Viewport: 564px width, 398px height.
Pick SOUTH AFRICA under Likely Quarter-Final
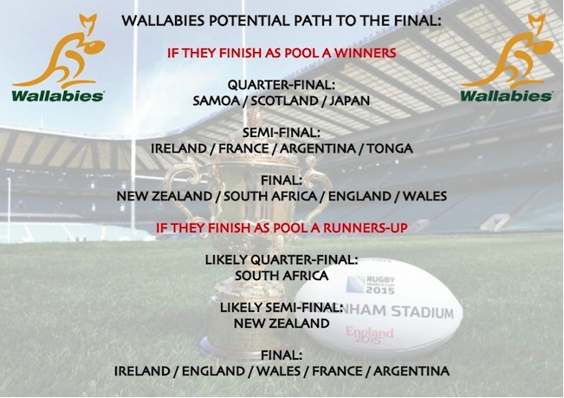click(x=282, y=276)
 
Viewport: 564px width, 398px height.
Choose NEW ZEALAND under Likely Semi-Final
click(x=282, y=323)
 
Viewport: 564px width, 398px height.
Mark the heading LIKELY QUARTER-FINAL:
click(x=282, y=259)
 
